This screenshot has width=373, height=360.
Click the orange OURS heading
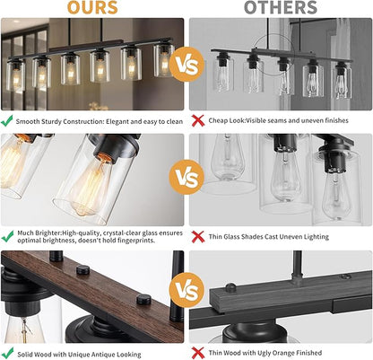pyautogui.click(x=92, y=7)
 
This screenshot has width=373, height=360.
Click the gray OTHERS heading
pyautogui.click(x=281, y=7)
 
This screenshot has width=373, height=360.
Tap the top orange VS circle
pyautogui.click(x=186, y=65)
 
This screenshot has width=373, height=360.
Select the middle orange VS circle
pyautogui.click(x=186, y=177)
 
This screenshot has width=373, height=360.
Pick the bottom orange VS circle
pyautogui.click(x=186, y=290)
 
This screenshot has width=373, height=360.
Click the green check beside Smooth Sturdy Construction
pyautogui.click(x=7, y=120)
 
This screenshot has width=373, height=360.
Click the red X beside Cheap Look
pyautogui.click(x=197, y=120)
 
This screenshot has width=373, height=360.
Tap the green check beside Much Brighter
pyautogui.click(x=7, y=236)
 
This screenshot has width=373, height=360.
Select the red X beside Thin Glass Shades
pyautogui.click(x=197, y=236)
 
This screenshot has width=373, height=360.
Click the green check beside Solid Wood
pyautogui.click(x=7, y=353)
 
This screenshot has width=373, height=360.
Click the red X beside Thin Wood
pyautogui.click(x=197, y=353)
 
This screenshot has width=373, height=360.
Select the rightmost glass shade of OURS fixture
pyautogui.click(x=164, y=60)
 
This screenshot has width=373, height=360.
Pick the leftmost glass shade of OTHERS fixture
pyautogui.click(x=223, y=74)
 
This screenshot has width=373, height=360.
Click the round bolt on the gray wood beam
pyautogui.click(x=230, y=287)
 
